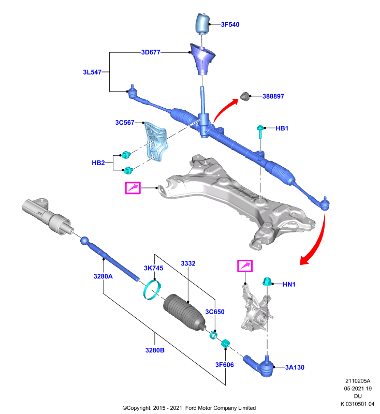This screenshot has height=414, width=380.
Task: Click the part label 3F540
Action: tap(230, 24)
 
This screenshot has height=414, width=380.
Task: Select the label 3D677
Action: tap(151, 52)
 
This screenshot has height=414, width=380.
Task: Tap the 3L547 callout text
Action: tap(92, 72)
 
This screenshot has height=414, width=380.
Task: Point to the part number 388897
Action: tap(273, 96)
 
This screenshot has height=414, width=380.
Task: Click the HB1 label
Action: tap(282, 128)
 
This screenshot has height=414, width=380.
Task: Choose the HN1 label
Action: tap(289, 284)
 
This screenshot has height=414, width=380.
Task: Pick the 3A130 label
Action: tap(295, 367)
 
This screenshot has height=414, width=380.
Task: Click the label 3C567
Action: tap(125, 123)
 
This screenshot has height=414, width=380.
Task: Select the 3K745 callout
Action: tap(153, 268)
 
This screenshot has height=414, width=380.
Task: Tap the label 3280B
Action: tap(155, 350)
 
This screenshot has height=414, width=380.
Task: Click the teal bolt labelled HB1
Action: tap(260, 132)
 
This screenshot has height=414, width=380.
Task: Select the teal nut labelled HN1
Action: tap(267, 282)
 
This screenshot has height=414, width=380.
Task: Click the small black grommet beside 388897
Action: tap(245, 96)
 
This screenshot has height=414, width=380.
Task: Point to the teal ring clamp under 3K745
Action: tap(152, 291)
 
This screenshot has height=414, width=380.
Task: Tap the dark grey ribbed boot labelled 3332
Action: tap(184, 313)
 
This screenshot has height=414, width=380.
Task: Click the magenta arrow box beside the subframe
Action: tap(133, 188)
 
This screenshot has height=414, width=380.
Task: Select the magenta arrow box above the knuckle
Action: tap(245, 266)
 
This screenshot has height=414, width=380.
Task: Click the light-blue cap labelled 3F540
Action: tap(202, 23)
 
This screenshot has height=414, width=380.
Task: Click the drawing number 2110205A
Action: tap(358, 381)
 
